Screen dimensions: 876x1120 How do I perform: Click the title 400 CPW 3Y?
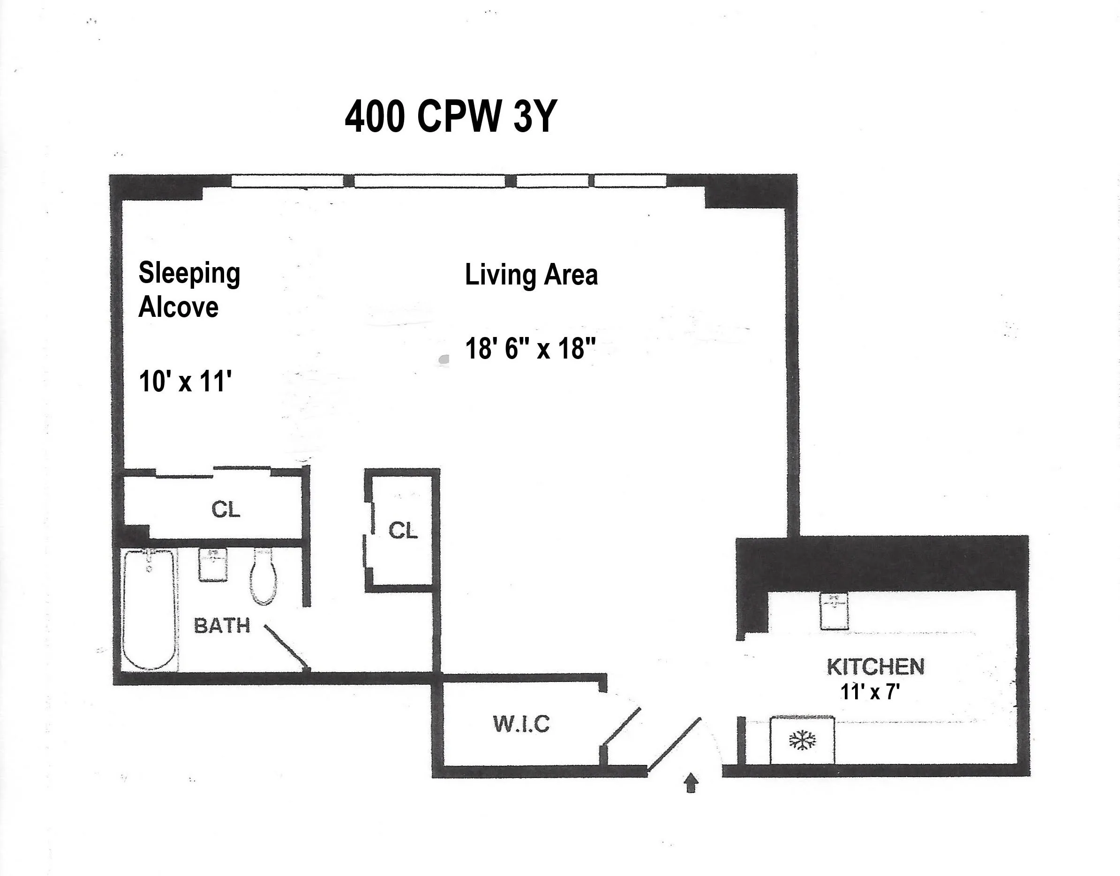tap(451, 117)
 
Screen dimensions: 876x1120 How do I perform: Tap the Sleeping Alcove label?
tap(189, 290)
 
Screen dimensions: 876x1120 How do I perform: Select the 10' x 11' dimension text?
tap(185, 382)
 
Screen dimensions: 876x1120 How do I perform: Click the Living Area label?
tap(531, 275)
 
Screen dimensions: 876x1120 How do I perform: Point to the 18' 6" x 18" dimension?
tap(530, 349)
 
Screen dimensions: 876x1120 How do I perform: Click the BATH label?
tap(222, 626)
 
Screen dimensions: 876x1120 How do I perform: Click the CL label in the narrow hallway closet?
tap(403, 531)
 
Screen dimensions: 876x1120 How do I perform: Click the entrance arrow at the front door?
tap(692, 783)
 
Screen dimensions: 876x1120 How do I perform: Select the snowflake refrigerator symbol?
tap(802, 741)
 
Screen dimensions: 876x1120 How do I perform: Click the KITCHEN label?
tap(875, 667)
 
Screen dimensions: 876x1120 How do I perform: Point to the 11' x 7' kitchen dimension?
tap(870, 692)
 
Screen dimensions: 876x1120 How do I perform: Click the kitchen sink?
tap(834, 611)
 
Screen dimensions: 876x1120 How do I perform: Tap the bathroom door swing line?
tap(286, 647)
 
